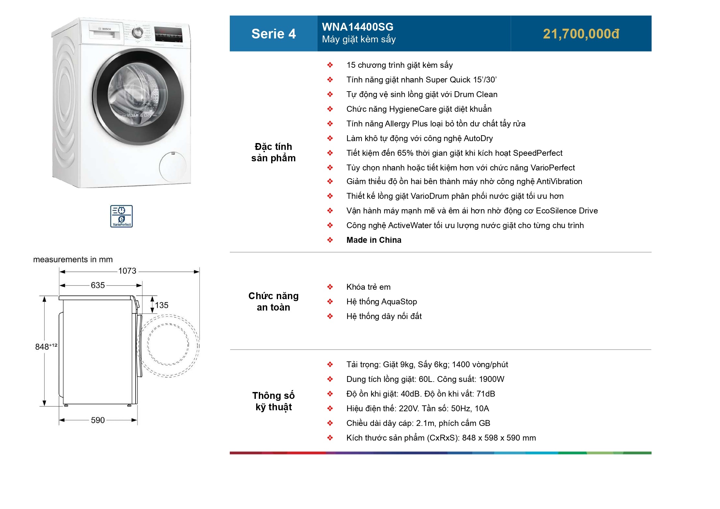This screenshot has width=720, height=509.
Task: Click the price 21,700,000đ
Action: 581,34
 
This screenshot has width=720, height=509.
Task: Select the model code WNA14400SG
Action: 358,27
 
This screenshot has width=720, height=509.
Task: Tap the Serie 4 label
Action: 273,34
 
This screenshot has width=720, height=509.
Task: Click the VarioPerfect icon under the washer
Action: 121,216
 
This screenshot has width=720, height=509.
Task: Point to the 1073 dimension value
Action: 127,271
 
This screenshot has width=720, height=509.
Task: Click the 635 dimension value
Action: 98,285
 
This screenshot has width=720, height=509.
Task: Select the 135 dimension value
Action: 162,305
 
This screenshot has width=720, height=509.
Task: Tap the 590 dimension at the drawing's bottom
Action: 98,420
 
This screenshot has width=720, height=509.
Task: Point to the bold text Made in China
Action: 374,240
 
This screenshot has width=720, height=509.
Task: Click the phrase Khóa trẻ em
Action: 368,287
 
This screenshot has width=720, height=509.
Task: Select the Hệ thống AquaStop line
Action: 382,301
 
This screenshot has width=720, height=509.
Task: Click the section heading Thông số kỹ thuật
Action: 273,401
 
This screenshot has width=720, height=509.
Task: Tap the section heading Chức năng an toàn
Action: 273,301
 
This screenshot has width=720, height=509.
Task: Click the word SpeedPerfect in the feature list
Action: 537,153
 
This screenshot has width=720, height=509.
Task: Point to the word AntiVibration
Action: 559,181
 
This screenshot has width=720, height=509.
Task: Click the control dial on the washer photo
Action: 137,32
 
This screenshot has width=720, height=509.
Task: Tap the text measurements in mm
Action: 73,259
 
